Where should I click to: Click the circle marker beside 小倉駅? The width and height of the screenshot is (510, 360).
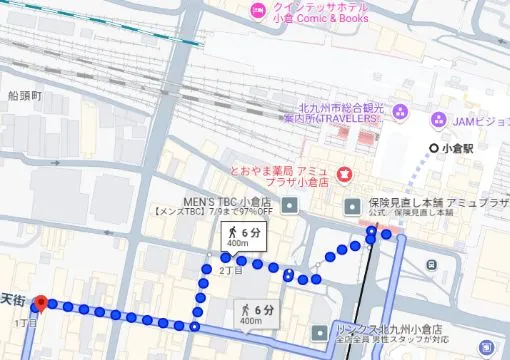pyautogui.click(x=433, y=148)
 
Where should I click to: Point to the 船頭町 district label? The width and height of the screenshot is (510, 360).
pyautogui.click(x=24, y=96)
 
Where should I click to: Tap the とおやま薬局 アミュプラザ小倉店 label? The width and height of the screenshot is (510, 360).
pyautogui.click(x=283, y=177)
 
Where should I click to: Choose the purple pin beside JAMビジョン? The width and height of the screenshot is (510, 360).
pyautogui.click(x=437, y=120)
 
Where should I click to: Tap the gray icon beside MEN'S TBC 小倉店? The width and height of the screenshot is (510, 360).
pyautogui.click(x=290, y=207)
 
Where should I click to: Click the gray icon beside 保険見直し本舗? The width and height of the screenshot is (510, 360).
pyautogui.click(x=352, y=207)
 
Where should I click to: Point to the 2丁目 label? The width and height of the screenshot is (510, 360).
pyautogui.click(x=230, y=271)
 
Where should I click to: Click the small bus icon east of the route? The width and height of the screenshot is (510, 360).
pyautogui.click(x=431, y=265)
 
